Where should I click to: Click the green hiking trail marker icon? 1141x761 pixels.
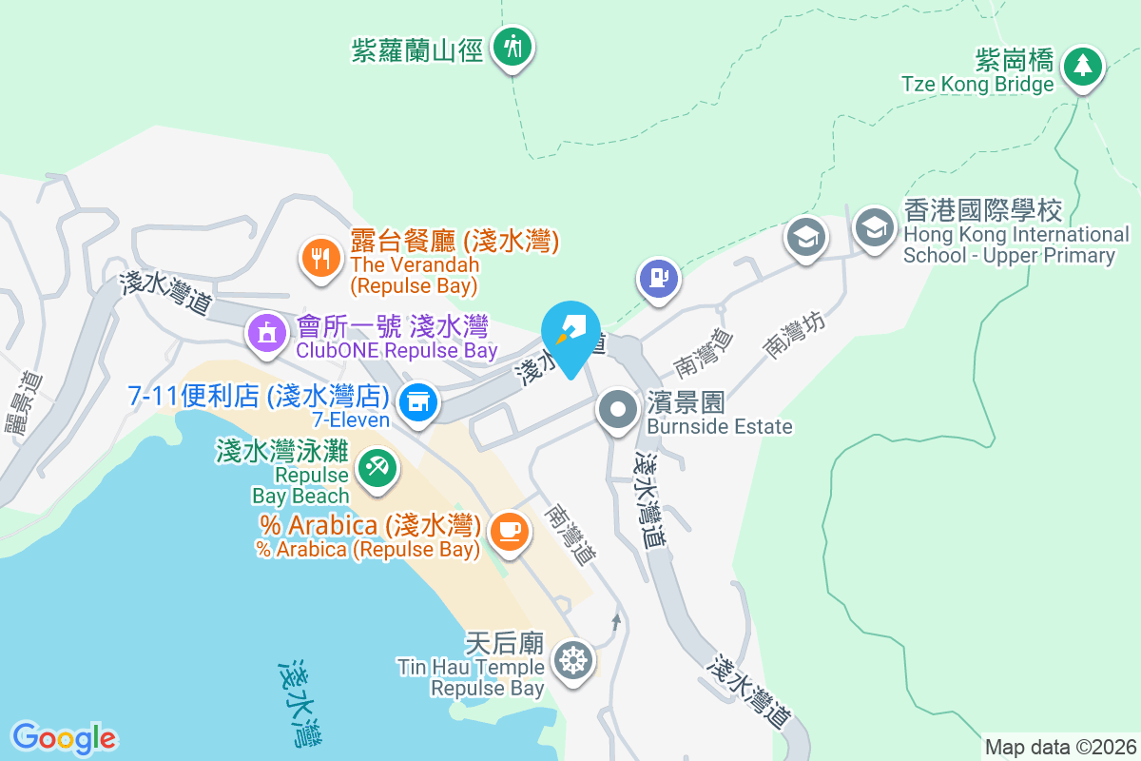pyautogui.click(x=513, y=46)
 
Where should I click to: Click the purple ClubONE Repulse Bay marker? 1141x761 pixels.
pyautogui.click(x=267, y=333)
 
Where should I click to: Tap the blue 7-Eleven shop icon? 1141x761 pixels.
pyautogui.click(x=416, y=401)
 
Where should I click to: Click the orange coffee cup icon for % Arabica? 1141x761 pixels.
pyautogui.click(x=509, y=529)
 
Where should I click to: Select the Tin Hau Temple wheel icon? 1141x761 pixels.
pyautogui.click(x=573, y=659)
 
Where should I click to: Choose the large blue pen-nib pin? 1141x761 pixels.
pyautogui.click(x=570, y=332)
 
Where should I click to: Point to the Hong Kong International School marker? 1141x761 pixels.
pyautogui.click(x=872, y=227)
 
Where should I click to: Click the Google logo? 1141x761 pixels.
pyautogui.click(x=64, y=738)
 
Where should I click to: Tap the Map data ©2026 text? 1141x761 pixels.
pyautogui.click(x=1059, y=747)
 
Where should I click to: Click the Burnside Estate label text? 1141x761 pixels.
pyautogui.click(x=720, y=427)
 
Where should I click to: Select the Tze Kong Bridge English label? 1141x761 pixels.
pyautogui.click(x=977, y=84)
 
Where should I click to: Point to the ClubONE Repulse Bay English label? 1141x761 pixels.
pyautogui.click(x=396, y=351)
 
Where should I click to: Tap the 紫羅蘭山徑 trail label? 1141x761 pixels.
pyautogui.click(x=417, y=49)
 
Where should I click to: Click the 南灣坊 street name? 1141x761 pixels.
pyautogui.click(x=794, y=336)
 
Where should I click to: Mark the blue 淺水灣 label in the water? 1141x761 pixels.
pyautogui.click(x=302, y=704)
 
